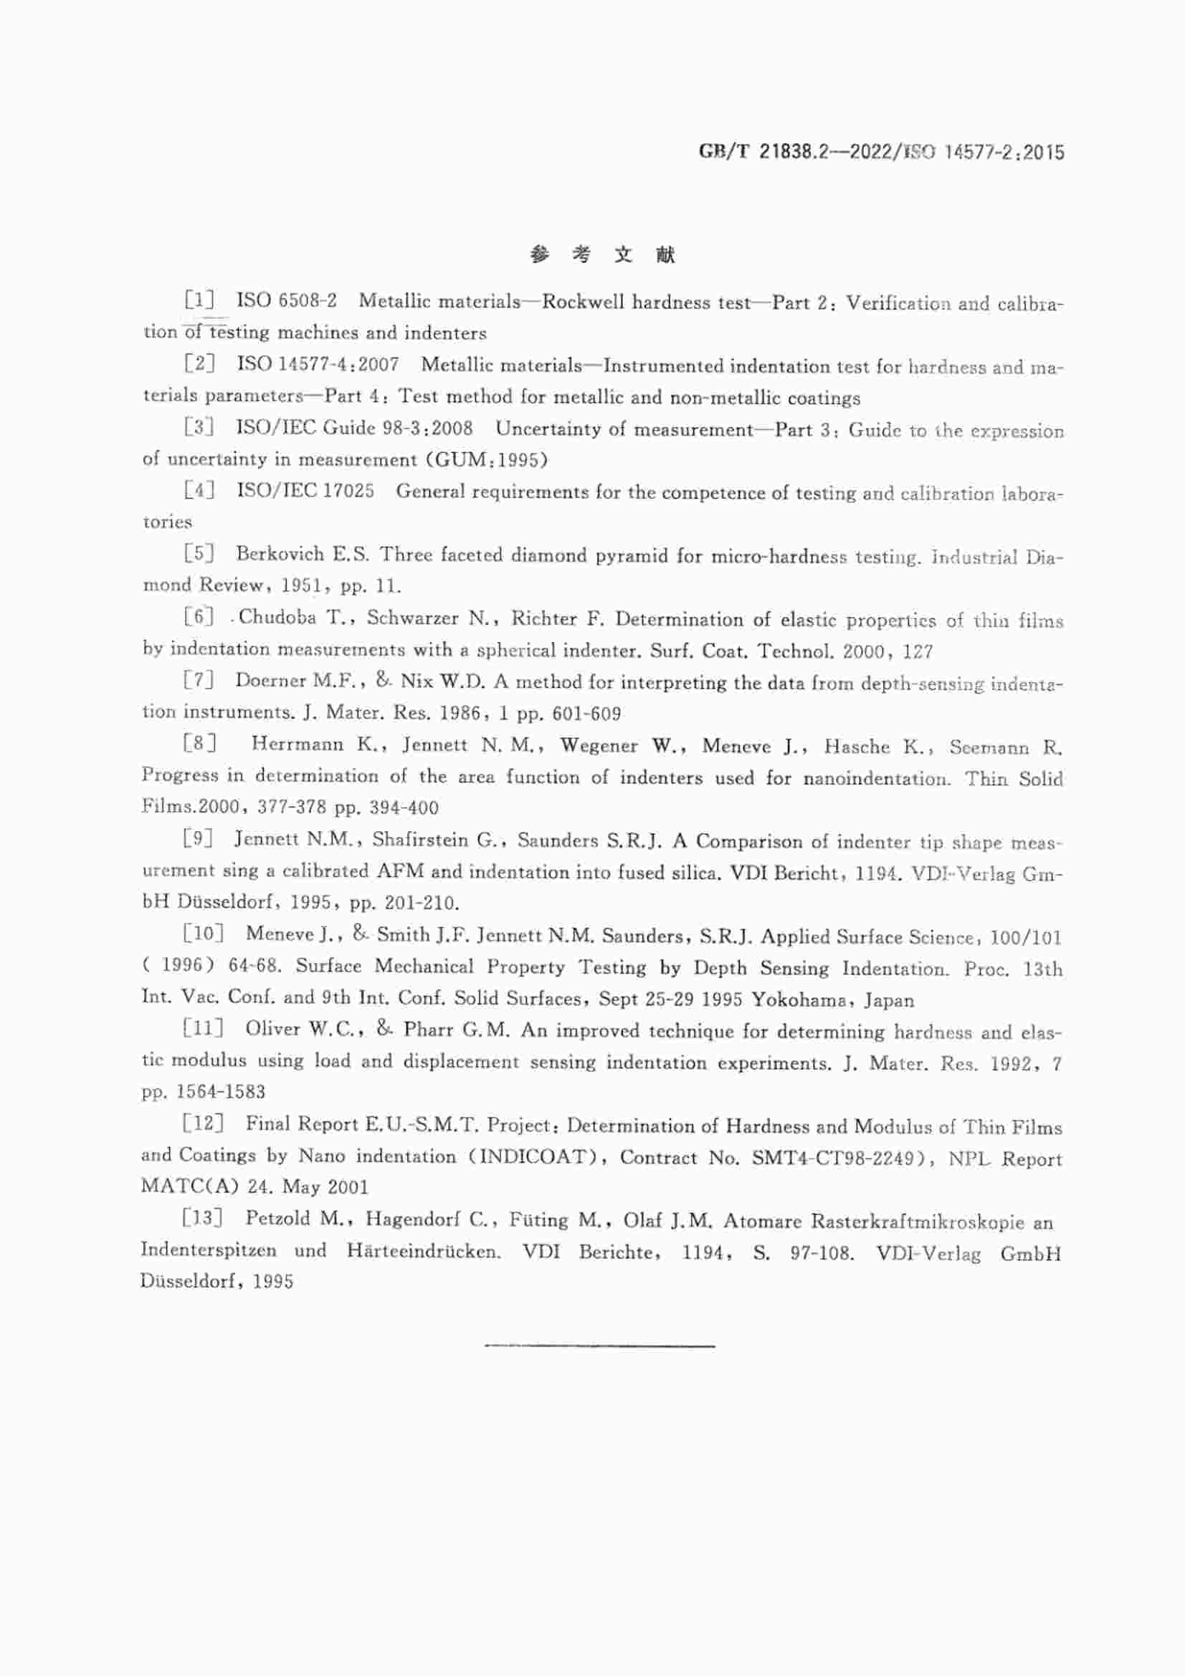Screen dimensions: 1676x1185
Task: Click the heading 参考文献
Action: [x=602, y=255]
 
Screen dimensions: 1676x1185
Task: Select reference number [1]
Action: [x=199, y=300]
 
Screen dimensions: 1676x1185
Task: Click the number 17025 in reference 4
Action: [x=348, y=492]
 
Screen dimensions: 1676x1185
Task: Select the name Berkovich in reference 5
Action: [x=280, y=554]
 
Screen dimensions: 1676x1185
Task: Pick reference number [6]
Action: [x=199, y=617]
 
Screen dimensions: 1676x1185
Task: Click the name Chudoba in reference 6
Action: [x=277, y=618]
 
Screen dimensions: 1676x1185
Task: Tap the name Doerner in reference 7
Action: [x=267, y=680]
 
